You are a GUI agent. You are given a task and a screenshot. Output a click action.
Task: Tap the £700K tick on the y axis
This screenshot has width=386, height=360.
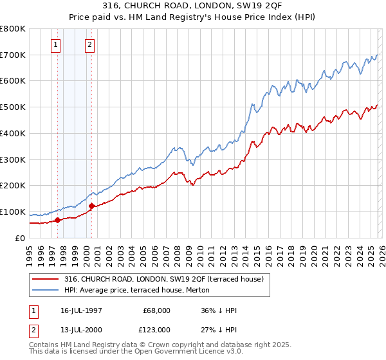click(x=13, y=55)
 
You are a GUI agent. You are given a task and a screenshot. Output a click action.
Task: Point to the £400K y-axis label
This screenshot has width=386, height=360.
click(x=13, y=133)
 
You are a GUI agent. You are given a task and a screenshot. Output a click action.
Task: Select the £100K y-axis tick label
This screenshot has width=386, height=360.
click(x=13, y=212)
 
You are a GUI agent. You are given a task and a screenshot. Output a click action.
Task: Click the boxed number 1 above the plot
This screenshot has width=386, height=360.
click(x=56, y=44)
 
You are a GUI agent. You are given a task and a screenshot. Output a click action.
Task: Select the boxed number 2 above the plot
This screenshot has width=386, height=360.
click(x=89, y=44)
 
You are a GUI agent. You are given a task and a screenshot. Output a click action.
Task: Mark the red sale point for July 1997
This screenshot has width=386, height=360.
click(x=58, y=220)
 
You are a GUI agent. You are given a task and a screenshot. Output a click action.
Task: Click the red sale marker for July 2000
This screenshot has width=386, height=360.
click(x=91, y=206)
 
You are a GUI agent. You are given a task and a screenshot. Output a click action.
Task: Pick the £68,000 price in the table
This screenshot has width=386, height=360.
click(x=156, y=310)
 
